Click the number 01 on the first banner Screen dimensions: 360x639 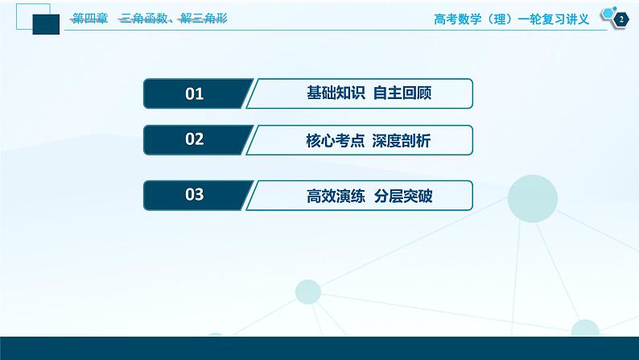(194, 93)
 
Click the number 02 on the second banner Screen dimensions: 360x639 (194, 139)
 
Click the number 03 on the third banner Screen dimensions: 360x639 (194, 194)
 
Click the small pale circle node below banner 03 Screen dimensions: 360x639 (307, 291)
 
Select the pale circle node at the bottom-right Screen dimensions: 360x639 (585, 329)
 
